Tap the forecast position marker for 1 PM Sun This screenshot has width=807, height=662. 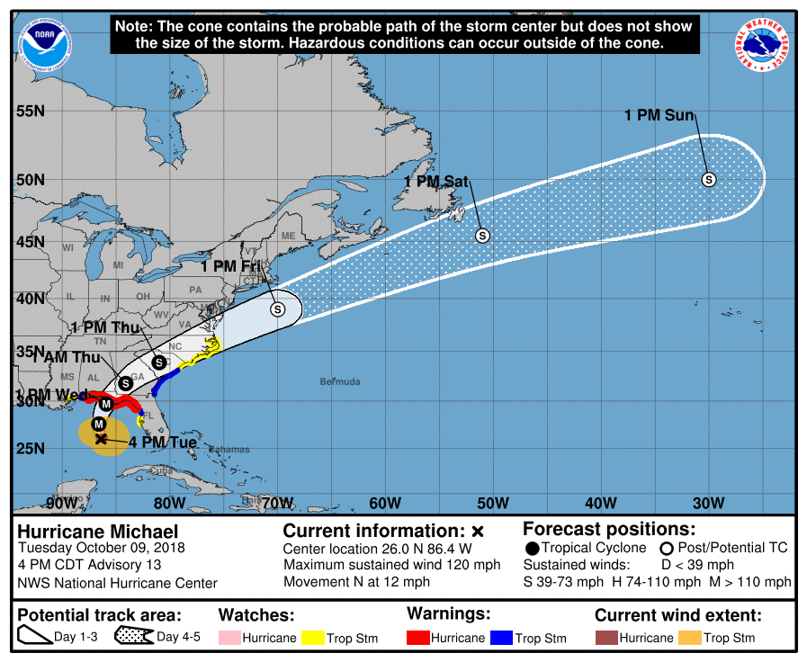click(x=709, y=179)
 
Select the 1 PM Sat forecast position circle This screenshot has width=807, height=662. click(x=482, y=236)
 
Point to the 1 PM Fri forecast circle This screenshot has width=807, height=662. click(x=277, y=309)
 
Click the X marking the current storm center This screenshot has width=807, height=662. click(x=101, y=439)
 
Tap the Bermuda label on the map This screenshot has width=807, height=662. click(x=340, y=382)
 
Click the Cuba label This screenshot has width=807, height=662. click(x=161, y=470)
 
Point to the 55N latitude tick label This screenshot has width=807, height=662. click(x=31, y=111)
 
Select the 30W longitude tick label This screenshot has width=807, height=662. click(x=709, y=502)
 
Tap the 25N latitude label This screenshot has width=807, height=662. click(x=31, y=448)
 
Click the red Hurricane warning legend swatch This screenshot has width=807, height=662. click(x=418, y=638)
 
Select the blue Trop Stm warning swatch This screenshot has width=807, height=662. click(x=501, y=638)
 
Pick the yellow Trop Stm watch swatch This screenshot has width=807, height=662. click(x=313, y=638)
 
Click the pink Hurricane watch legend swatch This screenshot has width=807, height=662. click(x=229, y=638)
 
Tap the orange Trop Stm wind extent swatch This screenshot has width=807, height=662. click(x=688, y=638)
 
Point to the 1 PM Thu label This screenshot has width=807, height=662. click(x=104, y=327)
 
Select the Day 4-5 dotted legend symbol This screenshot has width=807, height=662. click(x=133, y=637)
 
